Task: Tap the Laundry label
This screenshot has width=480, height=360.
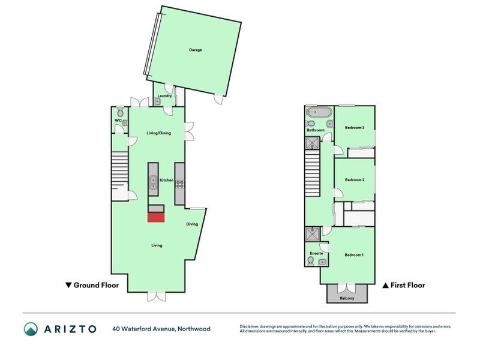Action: pos(165,96)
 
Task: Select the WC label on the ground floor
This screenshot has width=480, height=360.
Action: pos(118,121)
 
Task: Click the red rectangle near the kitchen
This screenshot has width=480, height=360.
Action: pos(156,217)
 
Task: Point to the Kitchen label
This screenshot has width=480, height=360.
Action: pos(166,180)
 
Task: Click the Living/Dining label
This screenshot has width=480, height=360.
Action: pos(159,133)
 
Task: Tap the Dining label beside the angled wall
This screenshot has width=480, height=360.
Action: pos(192,224)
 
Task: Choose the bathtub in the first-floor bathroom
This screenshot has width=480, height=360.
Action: pos(317,113)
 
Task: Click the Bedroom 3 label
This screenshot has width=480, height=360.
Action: pos(355,127)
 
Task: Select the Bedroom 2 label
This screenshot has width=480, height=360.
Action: pos(355,180)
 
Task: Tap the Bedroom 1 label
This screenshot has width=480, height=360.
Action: pos(354,255)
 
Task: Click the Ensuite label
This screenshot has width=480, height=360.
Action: pos(316,253)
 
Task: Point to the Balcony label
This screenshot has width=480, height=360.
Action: pos(347,298)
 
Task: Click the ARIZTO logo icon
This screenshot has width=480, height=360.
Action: pos(31,329)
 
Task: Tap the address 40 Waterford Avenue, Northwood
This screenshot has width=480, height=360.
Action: pos(161,329)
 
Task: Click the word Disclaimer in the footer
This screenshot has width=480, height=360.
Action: pos(251,326)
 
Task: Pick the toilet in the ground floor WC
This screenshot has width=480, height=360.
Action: pos(121,112)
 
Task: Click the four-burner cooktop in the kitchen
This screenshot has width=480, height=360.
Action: pos(179,184)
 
